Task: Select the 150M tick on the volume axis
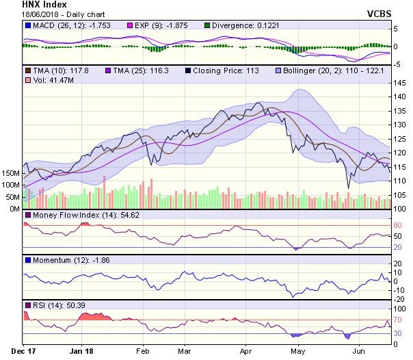pyautogui.click(x=11, y=174)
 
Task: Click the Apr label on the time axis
pyautogui.click(x=247, y=352)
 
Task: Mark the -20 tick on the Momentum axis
pyautogui.click(x=399, y=298)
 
